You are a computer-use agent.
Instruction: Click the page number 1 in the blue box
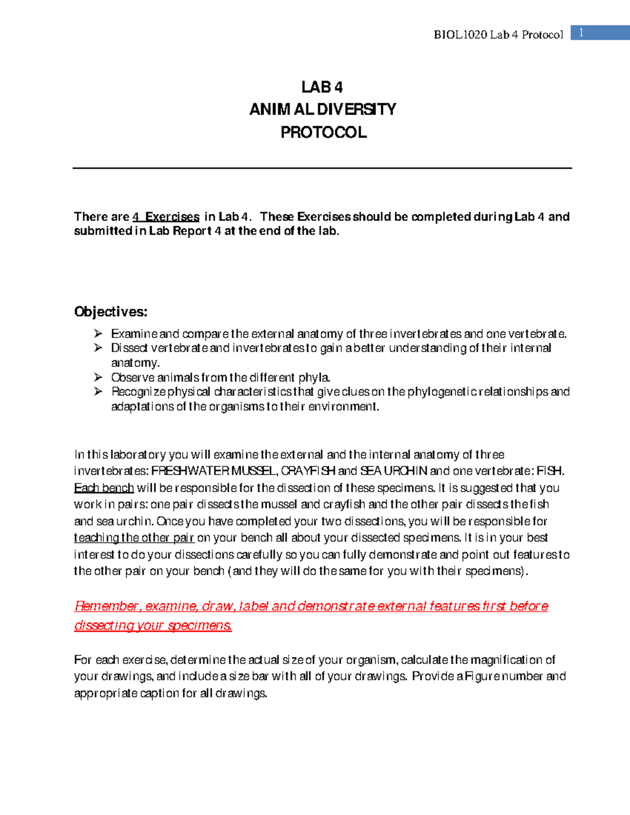point(581,33)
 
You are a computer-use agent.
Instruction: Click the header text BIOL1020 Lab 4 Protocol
point(498,35)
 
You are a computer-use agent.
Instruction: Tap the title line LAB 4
point(322,87)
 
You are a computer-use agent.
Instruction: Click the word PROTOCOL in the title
point(323,132)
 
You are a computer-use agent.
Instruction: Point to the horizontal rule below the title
point(322,168)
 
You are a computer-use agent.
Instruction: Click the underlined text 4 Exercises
point(166,217)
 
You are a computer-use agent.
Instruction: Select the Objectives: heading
point(111,312)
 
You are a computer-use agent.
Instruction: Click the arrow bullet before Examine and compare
point(98,334)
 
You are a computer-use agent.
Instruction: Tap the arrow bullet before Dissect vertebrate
point(98,348)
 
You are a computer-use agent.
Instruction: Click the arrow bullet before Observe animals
point(98,377)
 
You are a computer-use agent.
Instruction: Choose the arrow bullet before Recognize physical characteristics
point(98,391)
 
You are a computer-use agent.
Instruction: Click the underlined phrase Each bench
point(104,488)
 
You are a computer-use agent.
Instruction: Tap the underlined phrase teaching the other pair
point(134,538)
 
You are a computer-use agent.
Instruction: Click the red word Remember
point(106,606)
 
